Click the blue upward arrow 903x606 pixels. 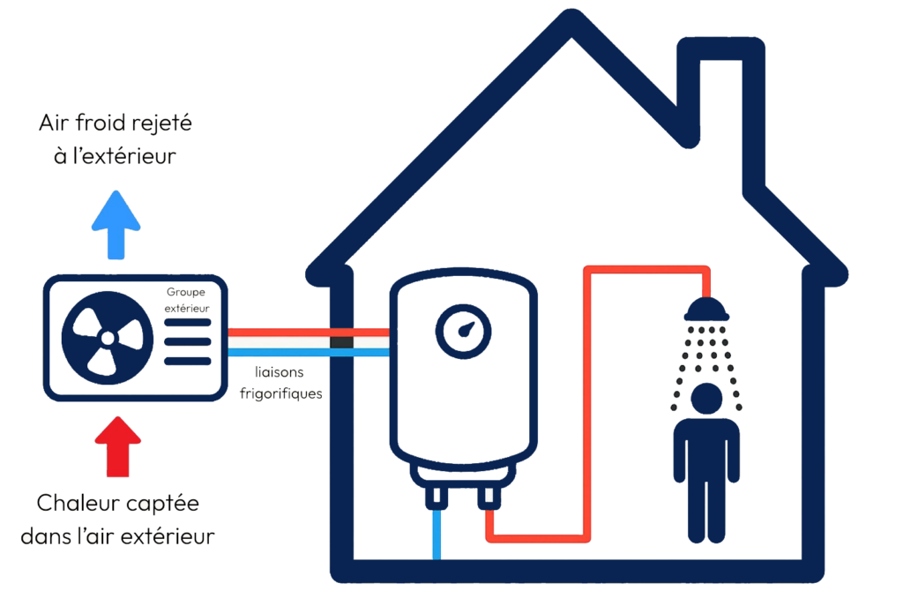[116, 225]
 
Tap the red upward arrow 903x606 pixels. [118, 446]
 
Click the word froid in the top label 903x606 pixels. [101, 123]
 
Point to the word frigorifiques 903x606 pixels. [281, 394]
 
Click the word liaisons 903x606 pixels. [280, 372]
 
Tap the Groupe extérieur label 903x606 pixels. [187, 300]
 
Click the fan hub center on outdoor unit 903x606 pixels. [108, 338]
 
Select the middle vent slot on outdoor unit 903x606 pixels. [188, 341]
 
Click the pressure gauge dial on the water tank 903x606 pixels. [463, 331]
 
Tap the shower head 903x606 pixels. [706, 309]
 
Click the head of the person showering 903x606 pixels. [706, 399]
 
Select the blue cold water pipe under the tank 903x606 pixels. [437, 534]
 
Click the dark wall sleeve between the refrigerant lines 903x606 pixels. [341, 343]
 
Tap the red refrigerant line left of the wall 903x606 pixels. [279, 333]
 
